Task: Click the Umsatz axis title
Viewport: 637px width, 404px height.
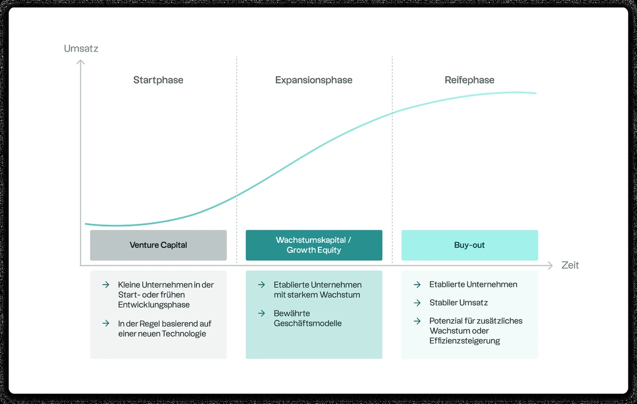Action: tap(81, 48)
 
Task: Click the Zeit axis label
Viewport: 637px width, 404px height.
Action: tap(570, 265)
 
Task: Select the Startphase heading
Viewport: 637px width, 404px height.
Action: tap(158, 80)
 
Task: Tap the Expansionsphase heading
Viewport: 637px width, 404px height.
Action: tap(314, 80)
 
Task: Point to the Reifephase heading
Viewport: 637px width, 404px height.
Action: tap(469, 80)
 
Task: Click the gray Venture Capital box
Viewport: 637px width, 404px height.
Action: tap(158, 245)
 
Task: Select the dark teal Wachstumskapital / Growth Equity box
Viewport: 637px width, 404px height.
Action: tap(314, 245)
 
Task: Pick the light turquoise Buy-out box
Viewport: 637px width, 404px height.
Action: tap(469, 245)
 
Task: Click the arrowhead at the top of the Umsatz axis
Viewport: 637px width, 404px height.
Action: tap(81, 62)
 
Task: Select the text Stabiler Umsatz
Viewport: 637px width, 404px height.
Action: tap(459, 303)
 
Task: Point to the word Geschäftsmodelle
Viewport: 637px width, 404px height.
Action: tap(308, 323)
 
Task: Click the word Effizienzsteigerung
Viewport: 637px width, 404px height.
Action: tap(464, 341)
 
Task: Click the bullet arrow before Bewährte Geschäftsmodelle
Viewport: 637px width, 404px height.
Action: tap(262, 314)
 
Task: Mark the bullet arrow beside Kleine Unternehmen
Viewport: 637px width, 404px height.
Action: tap(106, 285)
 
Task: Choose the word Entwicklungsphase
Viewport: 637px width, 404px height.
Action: tap(154, 305)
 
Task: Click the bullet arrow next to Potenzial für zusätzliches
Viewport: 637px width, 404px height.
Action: tap(417, 321)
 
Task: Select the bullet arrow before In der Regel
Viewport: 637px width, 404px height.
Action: tap(106, 324)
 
